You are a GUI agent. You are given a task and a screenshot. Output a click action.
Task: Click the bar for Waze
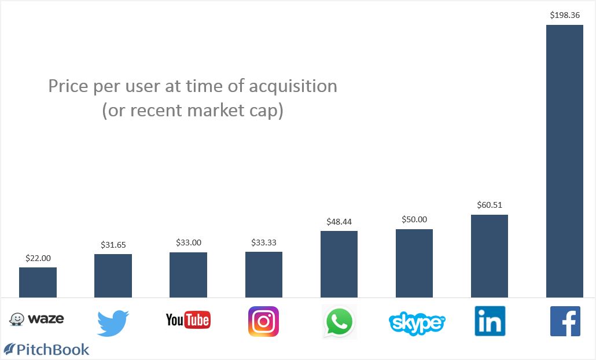[38, 282]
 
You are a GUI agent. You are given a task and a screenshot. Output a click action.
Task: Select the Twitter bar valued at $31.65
[113, 275]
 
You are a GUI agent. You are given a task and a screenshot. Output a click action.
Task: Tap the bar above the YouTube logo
[188, 275]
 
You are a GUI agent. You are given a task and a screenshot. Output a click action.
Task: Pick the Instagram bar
[263, 274]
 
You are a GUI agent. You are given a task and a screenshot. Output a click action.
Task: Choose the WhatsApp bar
[339, 264]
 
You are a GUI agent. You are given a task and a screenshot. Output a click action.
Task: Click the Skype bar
[414, 263]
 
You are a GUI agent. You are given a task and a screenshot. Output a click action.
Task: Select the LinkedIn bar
[489, 256]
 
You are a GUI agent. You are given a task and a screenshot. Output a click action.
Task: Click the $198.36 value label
[564, 16]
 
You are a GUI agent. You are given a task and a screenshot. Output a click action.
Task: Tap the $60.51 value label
[489, 205]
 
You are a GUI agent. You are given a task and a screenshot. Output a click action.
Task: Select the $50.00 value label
[414, 220]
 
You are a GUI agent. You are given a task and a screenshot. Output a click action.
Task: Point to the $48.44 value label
[339, 222]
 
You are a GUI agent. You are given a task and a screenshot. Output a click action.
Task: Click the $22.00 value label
[38, 258]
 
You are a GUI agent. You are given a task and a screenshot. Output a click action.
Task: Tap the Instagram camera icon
[263, 321]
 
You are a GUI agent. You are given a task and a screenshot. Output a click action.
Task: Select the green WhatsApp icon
[339, 322]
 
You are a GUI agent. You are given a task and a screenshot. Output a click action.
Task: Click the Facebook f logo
[565, 321]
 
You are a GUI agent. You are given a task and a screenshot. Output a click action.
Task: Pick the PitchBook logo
[47, 350]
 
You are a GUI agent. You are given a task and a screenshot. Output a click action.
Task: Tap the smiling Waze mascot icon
[17, 319]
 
